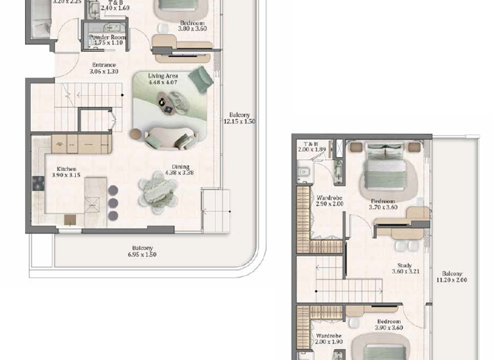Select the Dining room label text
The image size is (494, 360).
click(179, 169)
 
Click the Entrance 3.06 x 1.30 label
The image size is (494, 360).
click(104, 68)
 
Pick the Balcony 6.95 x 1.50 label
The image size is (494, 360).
click(142, 251)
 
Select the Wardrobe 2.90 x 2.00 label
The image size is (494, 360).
click(329, 201)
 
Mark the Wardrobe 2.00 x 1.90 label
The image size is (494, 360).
click(329, 339)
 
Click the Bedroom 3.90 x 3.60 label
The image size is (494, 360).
click(389, 325)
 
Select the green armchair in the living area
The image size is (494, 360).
click(203, 77)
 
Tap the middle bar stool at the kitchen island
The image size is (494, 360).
click(113, 203)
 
